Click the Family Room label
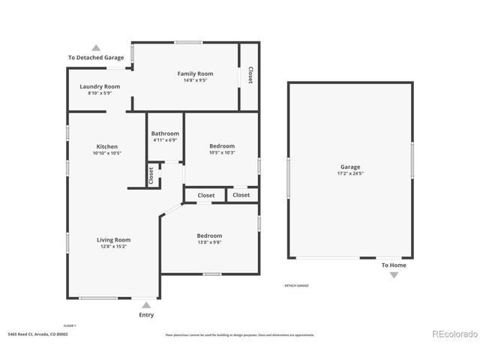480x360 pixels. tap(195, 73)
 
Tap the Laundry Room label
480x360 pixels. tap(100, 86)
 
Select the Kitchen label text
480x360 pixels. tap(106, 146)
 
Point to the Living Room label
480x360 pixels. tap(113, 240)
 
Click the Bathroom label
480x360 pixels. tap(165, 133)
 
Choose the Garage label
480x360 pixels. tap(349, 166)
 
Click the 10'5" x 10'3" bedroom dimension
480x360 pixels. tap(222, 152)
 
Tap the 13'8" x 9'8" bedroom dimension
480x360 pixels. tap(209, 242)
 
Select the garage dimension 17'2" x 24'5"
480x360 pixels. tap(349, 173)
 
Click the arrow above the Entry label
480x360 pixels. tap(146, 305)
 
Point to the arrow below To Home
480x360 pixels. tap(394, 275)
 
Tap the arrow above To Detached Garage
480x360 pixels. tap(95, 47)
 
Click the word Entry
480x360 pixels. tap(146, 315)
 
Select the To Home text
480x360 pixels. tap(394, 265)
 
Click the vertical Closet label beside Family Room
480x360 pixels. tap(250, 75)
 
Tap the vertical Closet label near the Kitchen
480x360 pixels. tap(151, 175)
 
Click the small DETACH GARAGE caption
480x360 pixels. tap(296, 285)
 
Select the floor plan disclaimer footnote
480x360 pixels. tap(239, 334)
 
